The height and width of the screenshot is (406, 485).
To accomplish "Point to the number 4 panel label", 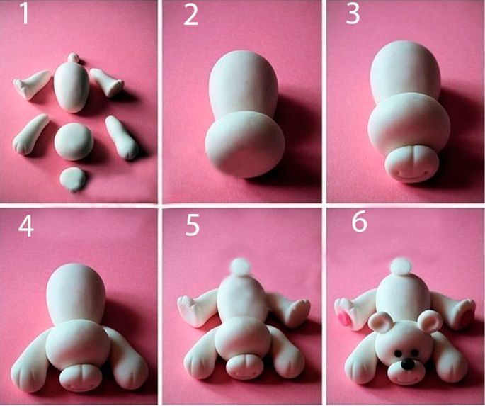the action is coord(26,227).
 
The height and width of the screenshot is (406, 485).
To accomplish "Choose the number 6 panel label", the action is coord(359,222).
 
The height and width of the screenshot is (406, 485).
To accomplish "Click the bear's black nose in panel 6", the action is coord(406,364).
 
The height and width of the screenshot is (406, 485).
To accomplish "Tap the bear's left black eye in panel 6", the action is coord(399,353).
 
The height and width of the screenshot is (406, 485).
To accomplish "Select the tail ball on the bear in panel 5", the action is coord(241,266).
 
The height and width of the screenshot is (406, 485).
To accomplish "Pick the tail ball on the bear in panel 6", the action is coord(401,266).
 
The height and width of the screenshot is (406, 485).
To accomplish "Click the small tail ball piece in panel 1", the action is coord(74,57).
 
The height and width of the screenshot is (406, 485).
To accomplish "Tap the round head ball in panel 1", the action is coord(74,142).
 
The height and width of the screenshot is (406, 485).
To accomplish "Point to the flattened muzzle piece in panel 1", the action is coord(73,179).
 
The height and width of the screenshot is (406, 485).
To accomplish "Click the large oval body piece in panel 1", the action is coord(72,87).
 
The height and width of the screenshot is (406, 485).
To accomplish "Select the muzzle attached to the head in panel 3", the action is coord(411,164).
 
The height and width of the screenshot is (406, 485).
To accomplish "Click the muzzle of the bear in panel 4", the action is coord(81,378).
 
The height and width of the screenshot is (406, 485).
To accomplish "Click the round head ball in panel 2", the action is coord(245,145).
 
